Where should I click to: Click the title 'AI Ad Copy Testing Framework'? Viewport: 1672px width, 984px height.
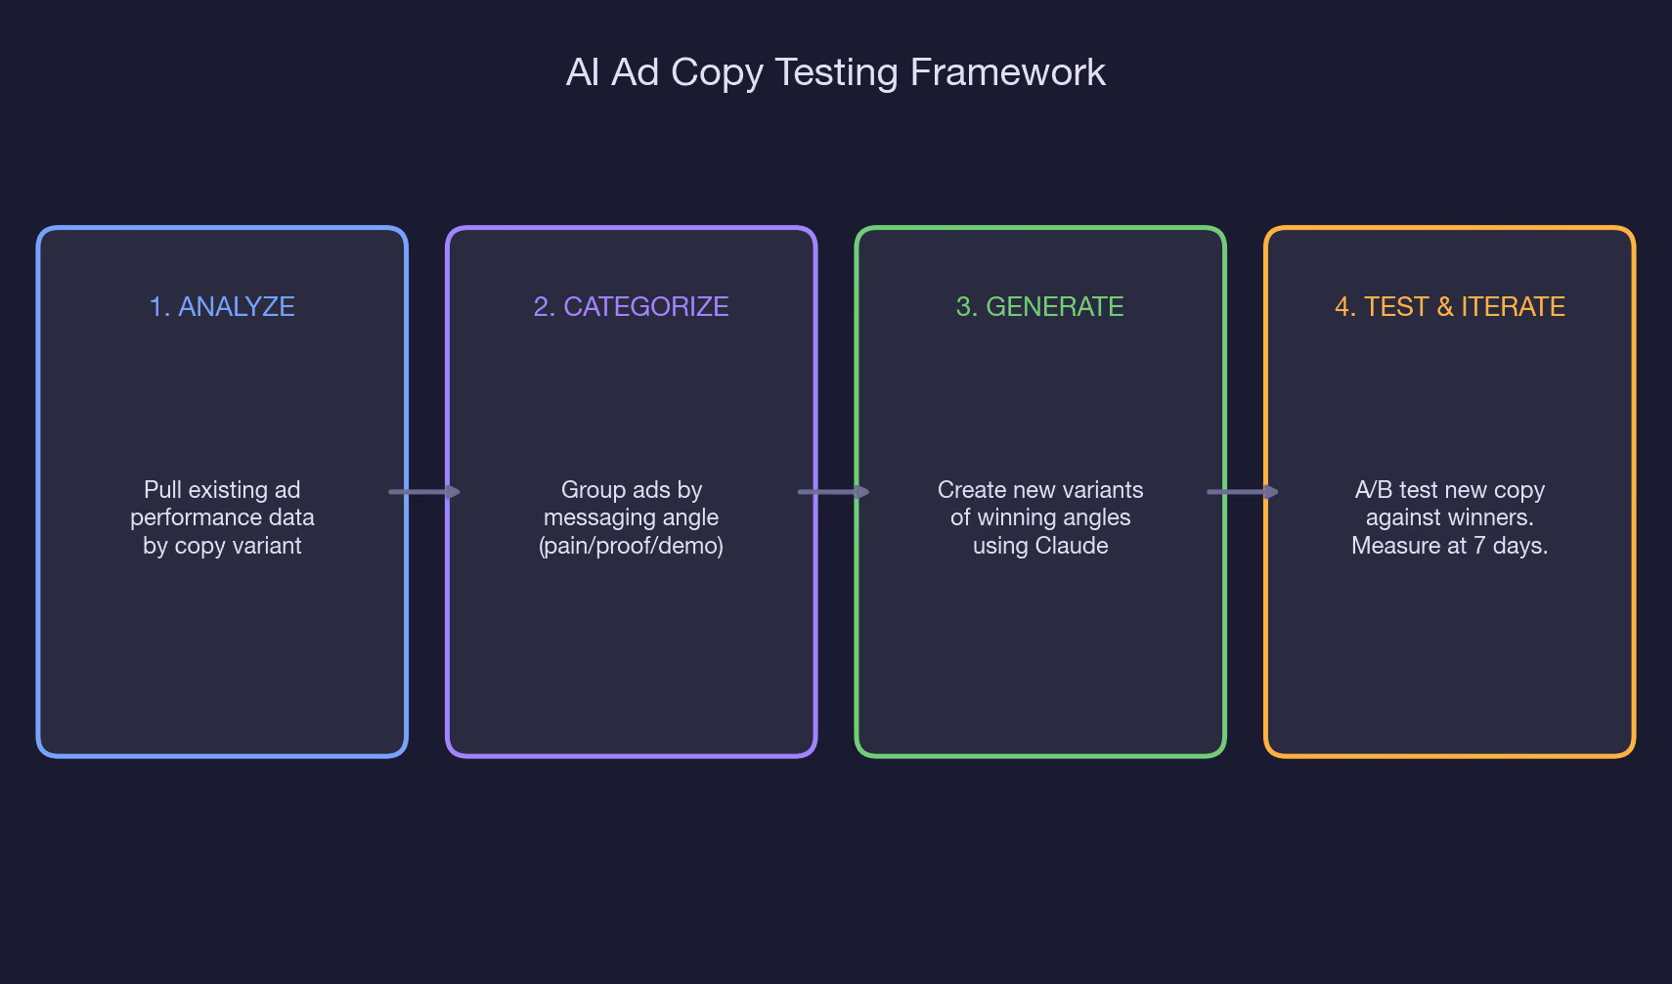pos(835,72)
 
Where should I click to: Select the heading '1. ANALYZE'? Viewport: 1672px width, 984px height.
pos(222,307)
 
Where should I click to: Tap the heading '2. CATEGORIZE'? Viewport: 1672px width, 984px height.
pos(631,307)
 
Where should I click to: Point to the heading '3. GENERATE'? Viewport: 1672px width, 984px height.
pos(1039,307)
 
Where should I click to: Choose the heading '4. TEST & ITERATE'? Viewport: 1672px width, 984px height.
pos(1450,307)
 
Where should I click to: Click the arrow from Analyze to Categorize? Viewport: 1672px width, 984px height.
pos(424,491)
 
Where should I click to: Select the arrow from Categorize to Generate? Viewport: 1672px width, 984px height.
pos(833,491)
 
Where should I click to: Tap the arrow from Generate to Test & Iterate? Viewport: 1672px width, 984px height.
pos(1242,491)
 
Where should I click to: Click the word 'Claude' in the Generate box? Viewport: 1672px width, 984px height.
pos(1074,546)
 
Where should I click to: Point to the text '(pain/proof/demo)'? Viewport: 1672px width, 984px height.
pos(631,546)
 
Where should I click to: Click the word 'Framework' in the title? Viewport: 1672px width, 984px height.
pos(1008,72)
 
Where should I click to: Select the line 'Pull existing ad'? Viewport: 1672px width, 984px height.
pos(222,490)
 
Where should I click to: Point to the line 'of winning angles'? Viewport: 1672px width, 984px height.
pos(1039,517)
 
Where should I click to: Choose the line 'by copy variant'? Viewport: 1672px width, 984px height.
pos(222,546)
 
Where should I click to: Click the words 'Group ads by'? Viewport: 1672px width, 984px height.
pos(631,490)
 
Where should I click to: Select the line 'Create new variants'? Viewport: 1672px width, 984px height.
pos(1039,490)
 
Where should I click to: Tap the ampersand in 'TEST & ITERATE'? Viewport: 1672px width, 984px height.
pos(1444,307)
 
